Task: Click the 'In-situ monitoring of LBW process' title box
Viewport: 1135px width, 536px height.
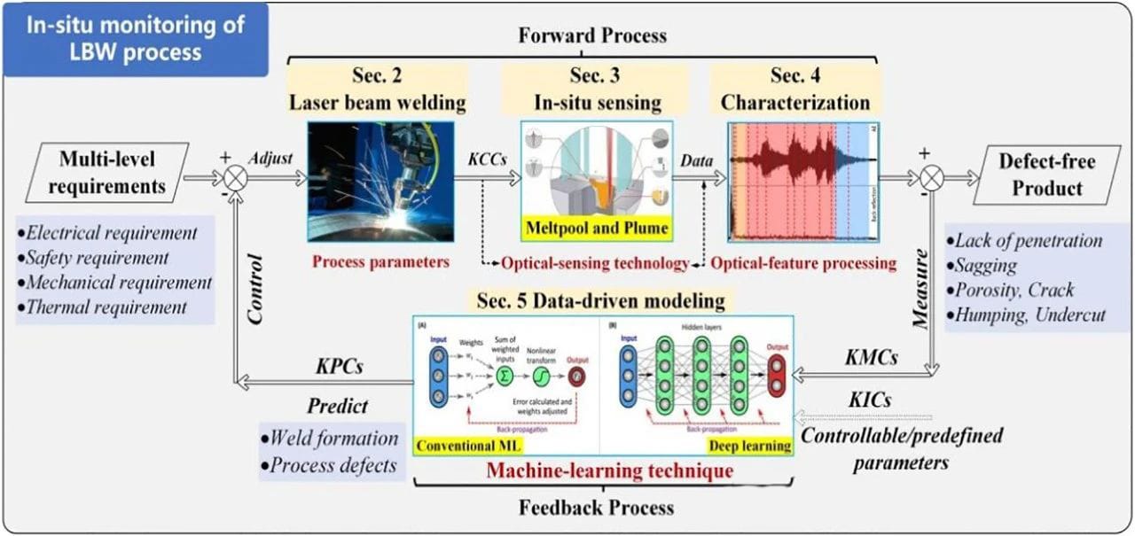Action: tap(136, 38)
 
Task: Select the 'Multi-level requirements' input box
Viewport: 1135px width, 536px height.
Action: tap(107, 174)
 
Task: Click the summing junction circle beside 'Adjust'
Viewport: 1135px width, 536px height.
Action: tap(235, 178)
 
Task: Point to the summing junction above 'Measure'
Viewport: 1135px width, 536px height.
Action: tap(929, 178)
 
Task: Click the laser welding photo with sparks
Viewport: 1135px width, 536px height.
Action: tap(380, 181)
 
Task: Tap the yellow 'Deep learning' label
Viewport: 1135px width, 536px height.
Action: tap(750, 445)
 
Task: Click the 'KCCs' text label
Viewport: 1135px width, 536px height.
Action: tap(487, 162)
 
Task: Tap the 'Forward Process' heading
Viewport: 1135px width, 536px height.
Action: tap(592, 36)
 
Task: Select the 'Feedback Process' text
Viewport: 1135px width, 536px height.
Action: tap(596, 508)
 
